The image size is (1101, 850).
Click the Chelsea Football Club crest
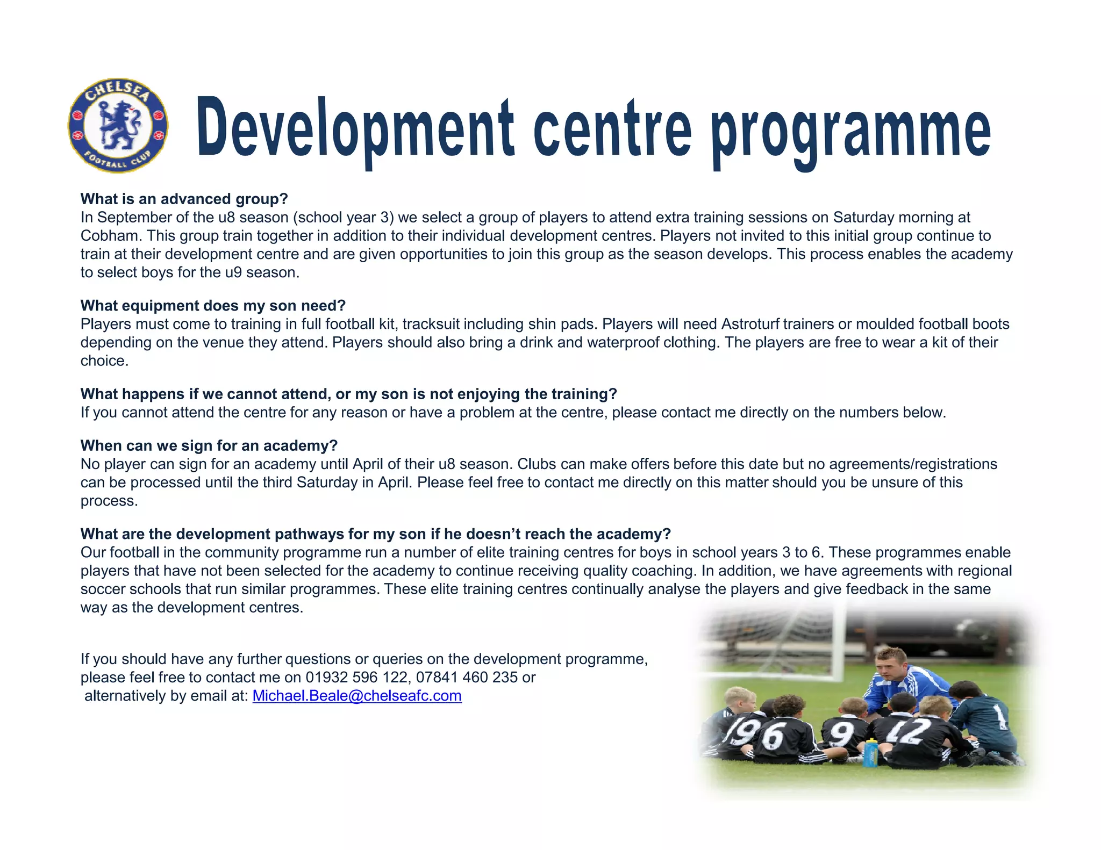click(x=118, y=125)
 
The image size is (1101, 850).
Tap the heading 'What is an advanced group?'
click(x=184, y=199)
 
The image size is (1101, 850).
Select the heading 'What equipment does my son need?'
click(x=213, y=306)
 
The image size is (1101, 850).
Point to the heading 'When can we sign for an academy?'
click(x=209, y=446)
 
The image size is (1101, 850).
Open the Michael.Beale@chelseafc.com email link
click(x=357, y=696)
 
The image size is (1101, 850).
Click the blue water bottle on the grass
click(x=870, y=752)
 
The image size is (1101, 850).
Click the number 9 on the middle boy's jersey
click(x=842, y=734)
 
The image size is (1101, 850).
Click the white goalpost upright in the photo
click(x=838, y=639)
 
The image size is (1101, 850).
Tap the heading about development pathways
click(x=375, y=534)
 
